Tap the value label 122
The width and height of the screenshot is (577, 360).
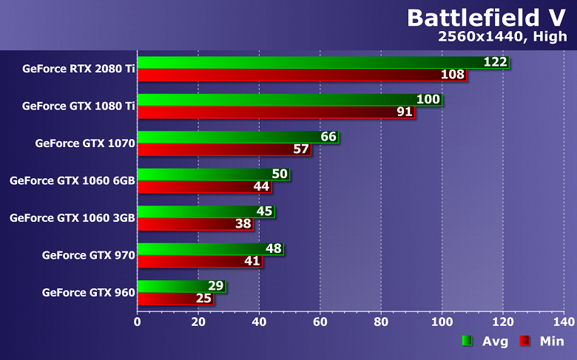click(x=495, y=62)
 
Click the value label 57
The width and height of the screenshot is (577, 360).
click(x=301, y=149)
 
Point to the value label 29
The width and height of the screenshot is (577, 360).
click(x=216, y=286)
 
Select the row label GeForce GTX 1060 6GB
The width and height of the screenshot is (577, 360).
click(x=72, y=180)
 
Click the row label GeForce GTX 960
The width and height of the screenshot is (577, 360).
click(x=89, y=293)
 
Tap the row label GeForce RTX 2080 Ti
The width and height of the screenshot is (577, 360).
click(x=78, y=69)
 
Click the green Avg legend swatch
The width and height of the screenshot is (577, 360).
click(x=468, y=341)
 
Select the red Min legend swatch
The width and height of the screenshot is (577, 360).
click(x=524, y=341)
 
